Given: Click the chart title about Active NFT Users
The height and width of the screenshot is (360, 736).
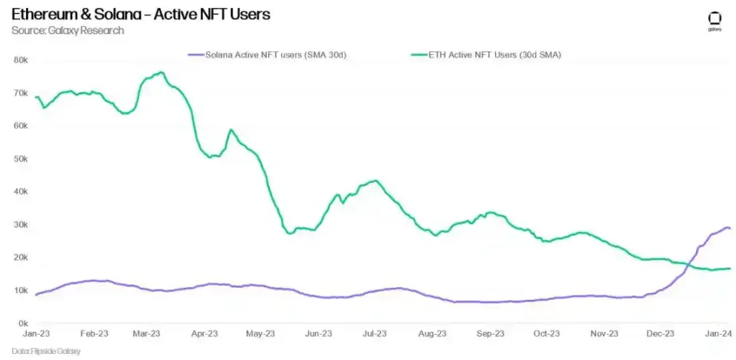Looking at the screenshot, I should click(141, 14).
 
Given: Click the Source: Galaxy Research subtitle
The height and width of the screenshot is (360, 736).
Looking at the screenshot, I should click(68, 30).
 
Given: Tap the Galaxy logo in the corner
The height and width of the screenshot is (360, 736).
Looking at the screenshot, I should click(714, 21).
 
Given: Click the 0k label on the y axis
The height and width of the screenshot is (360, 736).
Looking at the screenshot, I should click(22, 323).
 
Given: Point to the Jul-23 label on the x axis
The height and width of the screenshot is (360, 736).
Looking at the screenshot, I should click(375, 334).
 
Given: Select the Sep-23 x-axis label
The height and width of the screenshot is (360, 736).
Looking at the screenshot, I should click(490, 334).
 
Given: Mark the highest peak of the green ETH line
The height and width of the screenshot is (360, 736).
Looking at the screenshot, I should click(161, 72).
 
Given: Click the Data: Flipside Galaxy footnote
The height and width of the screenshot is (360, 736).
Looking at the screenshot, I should click(46, 350).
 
